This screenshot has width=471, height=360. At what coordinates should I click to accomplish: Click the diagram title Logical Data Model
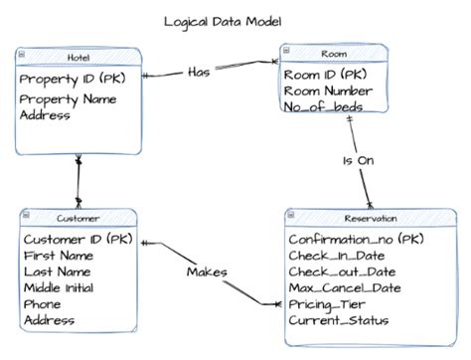pyautogui.click(x=223, y=21)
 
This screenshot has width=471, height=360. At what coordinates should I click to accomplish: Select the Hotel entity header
pyautogui.click(x=78, y=58)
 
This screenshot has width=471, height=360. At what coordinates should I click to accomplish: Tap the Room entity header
pyautogui.click(x=333, y=54)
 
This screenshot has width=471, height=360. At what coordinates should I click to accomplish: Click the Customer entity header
pyautogui.click(x=78, y=218)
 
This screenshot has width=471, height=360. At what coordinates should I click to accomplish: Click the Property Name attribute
pyautogui.click(x=68, y=98)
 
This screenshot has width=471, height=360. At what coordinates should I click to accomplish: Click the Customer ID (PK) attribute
pyautogui.click(x=77, y=239)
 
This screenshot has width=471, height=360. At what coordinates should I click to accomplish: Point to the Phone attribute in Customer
pyautogui.click(x=42, y=304)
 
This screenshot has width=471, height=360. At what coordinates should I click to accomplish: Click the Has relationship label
pyautogui.click(x=200, y=72)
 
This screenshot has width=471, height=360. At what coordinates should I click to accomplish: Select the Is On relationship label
pyautogui.click(x=361, y=159)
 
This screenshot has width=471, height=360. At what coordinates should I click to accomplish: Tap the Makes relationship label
pyautogui.click(x=207, y=271)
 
